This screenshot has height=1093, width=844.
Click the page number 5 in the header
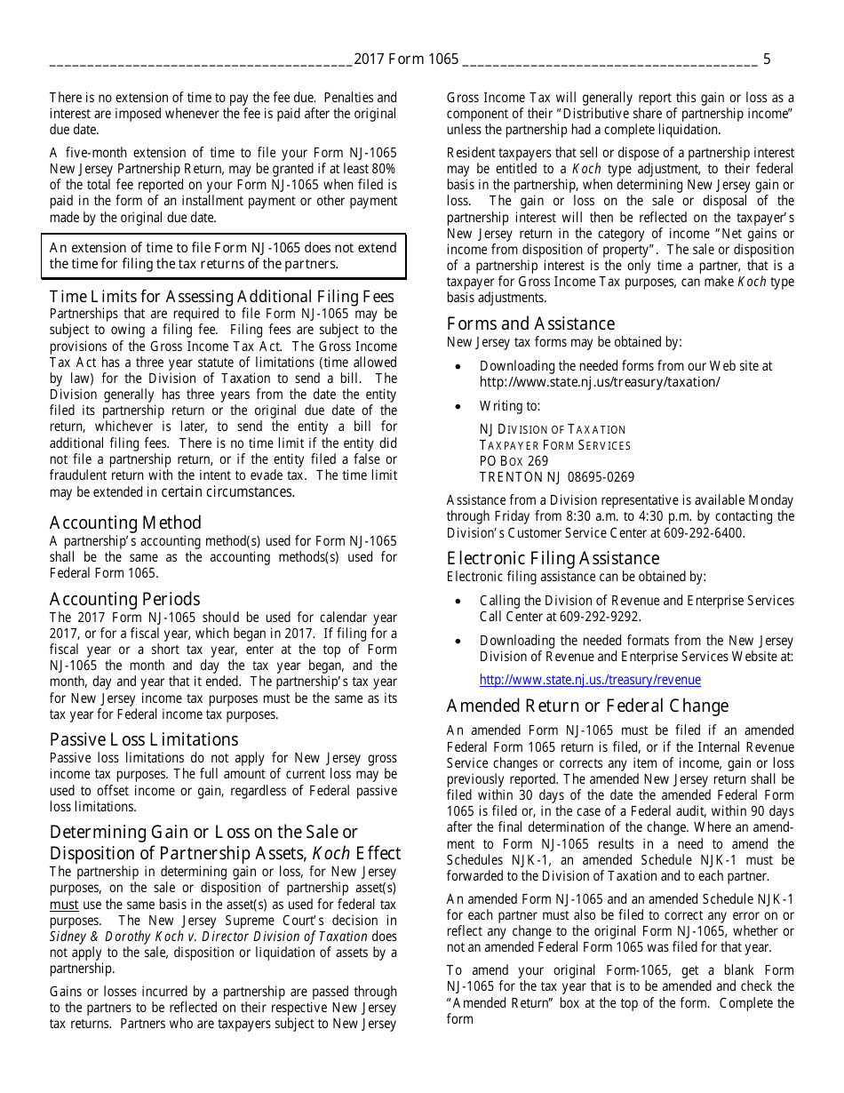(767, 60)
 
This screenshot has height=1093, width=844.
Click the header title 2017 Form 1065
(406, 60)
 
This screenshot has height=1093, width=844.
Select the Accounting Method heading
(125, 523)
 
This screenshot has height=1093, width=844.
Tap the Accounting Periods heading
(124, 599)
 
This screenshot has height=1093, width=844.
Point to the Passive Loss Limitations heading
(144, 739)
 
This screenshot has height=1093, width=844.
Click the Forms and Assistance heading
(530, 323)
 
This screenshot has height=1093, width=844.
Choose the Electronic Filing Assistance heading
(553, 558)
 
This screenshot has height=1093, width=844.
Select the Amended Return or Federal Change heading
(587, 706)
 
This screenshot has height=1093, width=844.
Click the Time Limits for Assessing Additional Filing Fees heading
(221, 297)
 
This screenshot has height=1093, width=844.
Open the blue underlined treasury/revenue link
(590, 680)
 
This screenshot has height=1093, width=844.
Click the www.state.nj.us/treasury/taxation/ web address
(600, 382)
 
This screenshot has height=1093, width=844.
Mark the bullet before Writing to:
(458, 406)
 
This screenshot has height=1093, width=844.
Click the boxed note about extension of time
(223, 256)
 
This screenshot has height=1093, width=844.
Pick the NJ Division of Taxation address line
(553, 429)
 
